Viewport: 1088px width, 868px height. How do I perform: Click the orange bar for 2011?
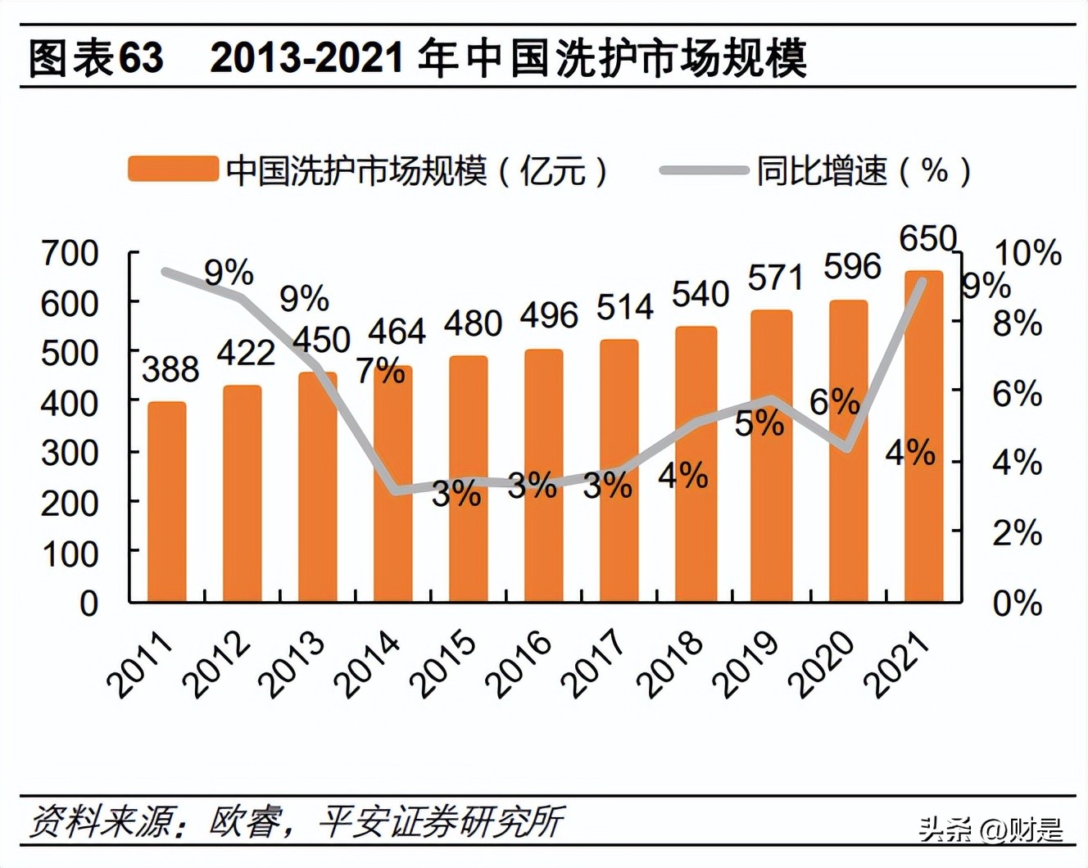pos(166,501)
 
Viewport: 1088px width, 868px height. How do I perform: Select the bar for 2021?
pos(923,436)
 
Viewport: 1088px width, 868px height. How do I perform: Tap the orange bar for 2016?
pos(544,475)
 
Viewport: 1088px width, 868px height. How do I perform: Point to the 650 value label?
pos(927,239)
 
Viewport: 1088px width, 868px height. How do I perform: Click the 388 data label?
pos(170,369)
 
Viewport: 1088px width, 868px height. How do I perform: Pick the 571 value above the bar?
pos(775,278)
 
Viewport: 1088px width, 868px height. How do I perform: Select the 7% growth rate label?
pos(380,371)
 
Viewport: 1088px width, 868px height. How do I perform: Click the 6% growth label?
pos(834,402)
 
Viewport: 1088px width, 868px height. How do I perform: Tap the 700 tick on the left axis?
pos(70,254)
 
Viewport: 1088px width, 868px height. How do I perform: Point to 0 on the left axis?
pos(88,604)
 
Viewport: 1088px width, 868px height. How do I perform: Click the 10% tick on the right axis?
pos(1027,253)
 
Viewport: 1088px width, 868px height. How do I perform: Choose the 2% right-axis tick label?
pos(1017,534)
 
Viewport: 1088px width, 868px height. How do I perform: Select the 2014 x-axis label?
pos(370,665)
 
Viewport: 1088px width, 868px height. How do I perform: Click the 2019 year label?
pos(748,665)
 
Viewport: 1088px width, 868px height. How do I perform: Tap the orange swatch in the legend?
pos(173,170)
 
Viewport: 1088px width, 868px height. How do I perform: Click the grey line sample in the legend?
pos(704,170)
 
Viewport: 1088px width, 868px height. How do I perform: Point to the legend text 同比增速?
pos(822,170)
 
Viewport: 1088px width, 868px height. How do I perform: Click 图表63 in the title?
pos(96,59)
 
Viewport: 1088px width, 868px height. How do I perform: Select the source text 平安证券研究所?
pos(441,821)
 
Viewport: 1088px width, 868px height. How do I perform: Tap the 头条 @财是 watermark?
pos(991,830)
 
